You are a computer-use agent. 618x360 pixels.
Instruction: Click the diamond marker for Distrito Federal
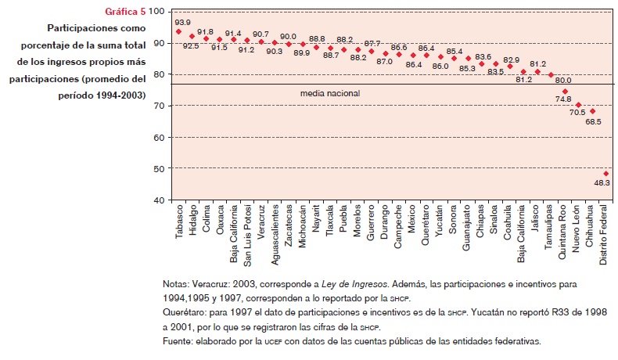tap(606, 173)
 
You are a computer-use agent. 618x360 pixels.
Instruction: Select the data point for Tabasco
tap(178, 31)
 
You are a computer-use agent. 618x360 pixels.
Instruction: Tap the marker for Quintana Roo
tap(565, 91)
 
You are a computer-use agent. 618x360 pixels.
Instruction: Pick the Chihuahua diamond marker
tap(592, 111)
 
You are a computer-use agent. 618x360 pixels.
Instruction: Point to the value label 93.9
tap(183, 22)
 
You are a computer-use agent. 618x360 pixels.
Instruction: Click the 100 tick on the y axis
tap(156, 12)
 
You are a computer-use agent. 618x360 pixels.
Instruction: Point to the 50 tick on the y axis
tap(158, 168)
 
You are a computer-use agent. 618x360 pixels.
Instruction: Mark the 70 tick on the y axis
tap(158, 106)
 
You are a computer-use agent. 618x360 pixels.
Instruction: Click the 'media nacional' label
tap(330, 93)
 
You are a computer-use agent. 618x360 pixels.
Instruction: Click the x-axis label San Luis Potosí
tap(247, 232)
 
